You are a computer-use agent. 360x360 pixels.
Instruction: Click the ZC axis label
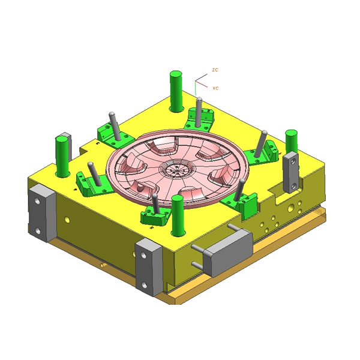[x=215, y=70]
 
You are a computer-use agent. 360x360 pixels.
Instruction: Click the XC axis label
[x=215, y=88]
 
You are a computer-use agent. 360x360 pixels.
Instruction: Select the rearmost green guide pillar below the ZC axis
[x=176, y=91]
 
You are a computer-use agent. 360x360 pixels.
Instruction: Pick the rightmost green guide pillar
[x=292, y=142]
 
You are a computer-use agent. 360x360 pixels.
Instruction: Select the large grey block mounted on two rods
[x=227, y=252]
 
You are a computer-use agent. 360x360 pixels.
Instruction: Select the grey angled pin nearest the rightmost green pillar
[x=260, y=145]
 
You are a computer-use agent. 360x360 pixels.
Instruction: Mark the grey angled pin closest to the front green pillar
[x=155, y=205]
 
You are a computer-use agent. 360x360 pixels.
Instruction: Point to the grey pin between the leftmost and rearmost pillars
[x=112, y=124]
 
